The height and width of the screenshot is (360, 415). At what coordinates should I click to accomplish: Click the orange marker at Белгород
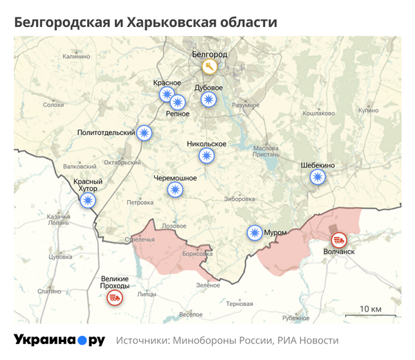coord(210,66)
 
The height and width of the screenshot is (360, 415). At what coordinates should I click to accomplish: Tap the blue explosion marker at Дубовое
coord(209,100)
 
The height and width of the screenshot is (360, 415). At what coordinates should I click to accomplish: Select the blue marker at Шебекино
coord(317,177)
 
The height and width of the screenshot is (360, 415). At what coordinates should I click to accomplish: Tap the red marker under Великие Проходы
coord(114,298)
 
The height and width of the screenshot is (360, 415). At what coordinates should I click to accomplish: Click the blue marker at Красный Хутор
coord(88,201)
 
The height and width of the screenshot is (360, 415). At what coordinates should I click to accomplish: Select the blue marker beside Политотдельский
coord(145,132)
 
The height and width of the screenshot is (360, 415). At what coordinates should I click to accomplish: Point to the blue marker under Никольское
coord(206,156)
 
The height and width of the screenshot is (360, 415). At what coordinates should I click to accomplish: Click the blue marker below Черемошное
coord(175,190)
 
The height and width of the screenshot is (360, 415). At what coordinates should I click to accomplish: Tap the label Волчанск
coord(339,252)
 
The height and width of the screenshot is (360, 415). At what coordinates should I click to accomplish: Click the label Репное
coord(178,114)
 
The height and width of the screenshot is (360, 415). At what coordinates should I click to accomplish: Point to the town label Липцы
coord(147,294)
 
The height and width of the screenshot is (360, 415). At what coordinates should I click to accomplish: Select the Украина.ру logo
coord(59,341)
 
